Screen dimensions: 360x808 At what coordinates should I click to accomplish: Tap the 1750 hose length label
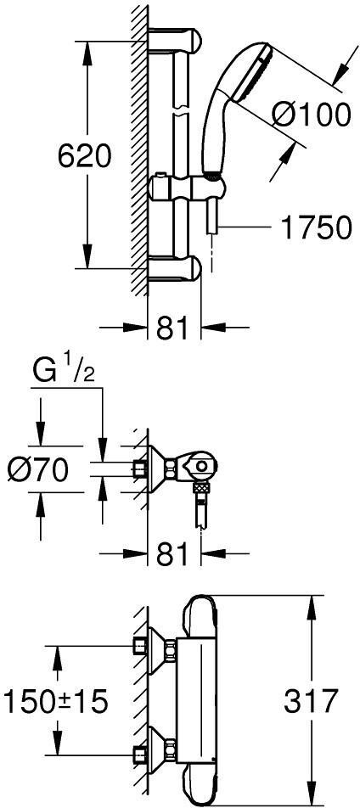tap(316, 227)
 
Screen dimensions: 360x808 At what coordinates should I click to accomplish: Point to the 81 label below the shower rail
tap(173, 328)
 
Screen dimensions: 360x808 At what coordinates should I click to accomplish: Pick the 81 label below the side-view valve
tap(173, 554)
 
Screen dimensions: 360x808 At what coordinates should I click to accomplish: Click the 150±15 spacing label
tap(56, 701)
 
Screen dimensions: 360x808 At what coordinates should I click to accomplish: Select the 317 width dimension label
tap(311, 701)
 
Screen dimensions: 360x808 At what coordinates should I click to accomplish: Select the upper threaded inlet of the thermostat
tap(140, 645)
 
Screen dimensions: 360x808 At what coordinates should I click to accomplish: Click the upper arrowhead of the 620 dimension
tap(87, 52)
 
